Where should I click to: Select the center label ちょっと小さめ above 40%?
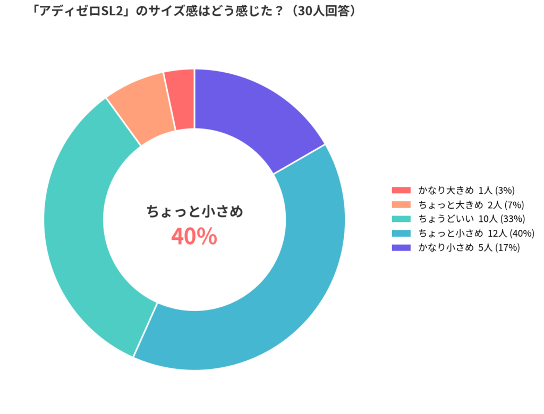tap(194, 212)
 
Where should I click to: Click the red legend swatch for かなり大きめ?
tap(401, 190)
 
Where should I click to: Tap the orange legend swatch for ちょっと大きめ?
tap(401, 204)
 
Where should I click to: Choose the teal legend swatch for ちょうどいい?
tap(401, 219)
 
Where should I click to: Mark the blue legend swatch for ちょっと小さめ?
tap(401, 233)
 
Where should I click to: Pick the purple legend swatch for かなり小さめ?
tap(401, 247)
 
